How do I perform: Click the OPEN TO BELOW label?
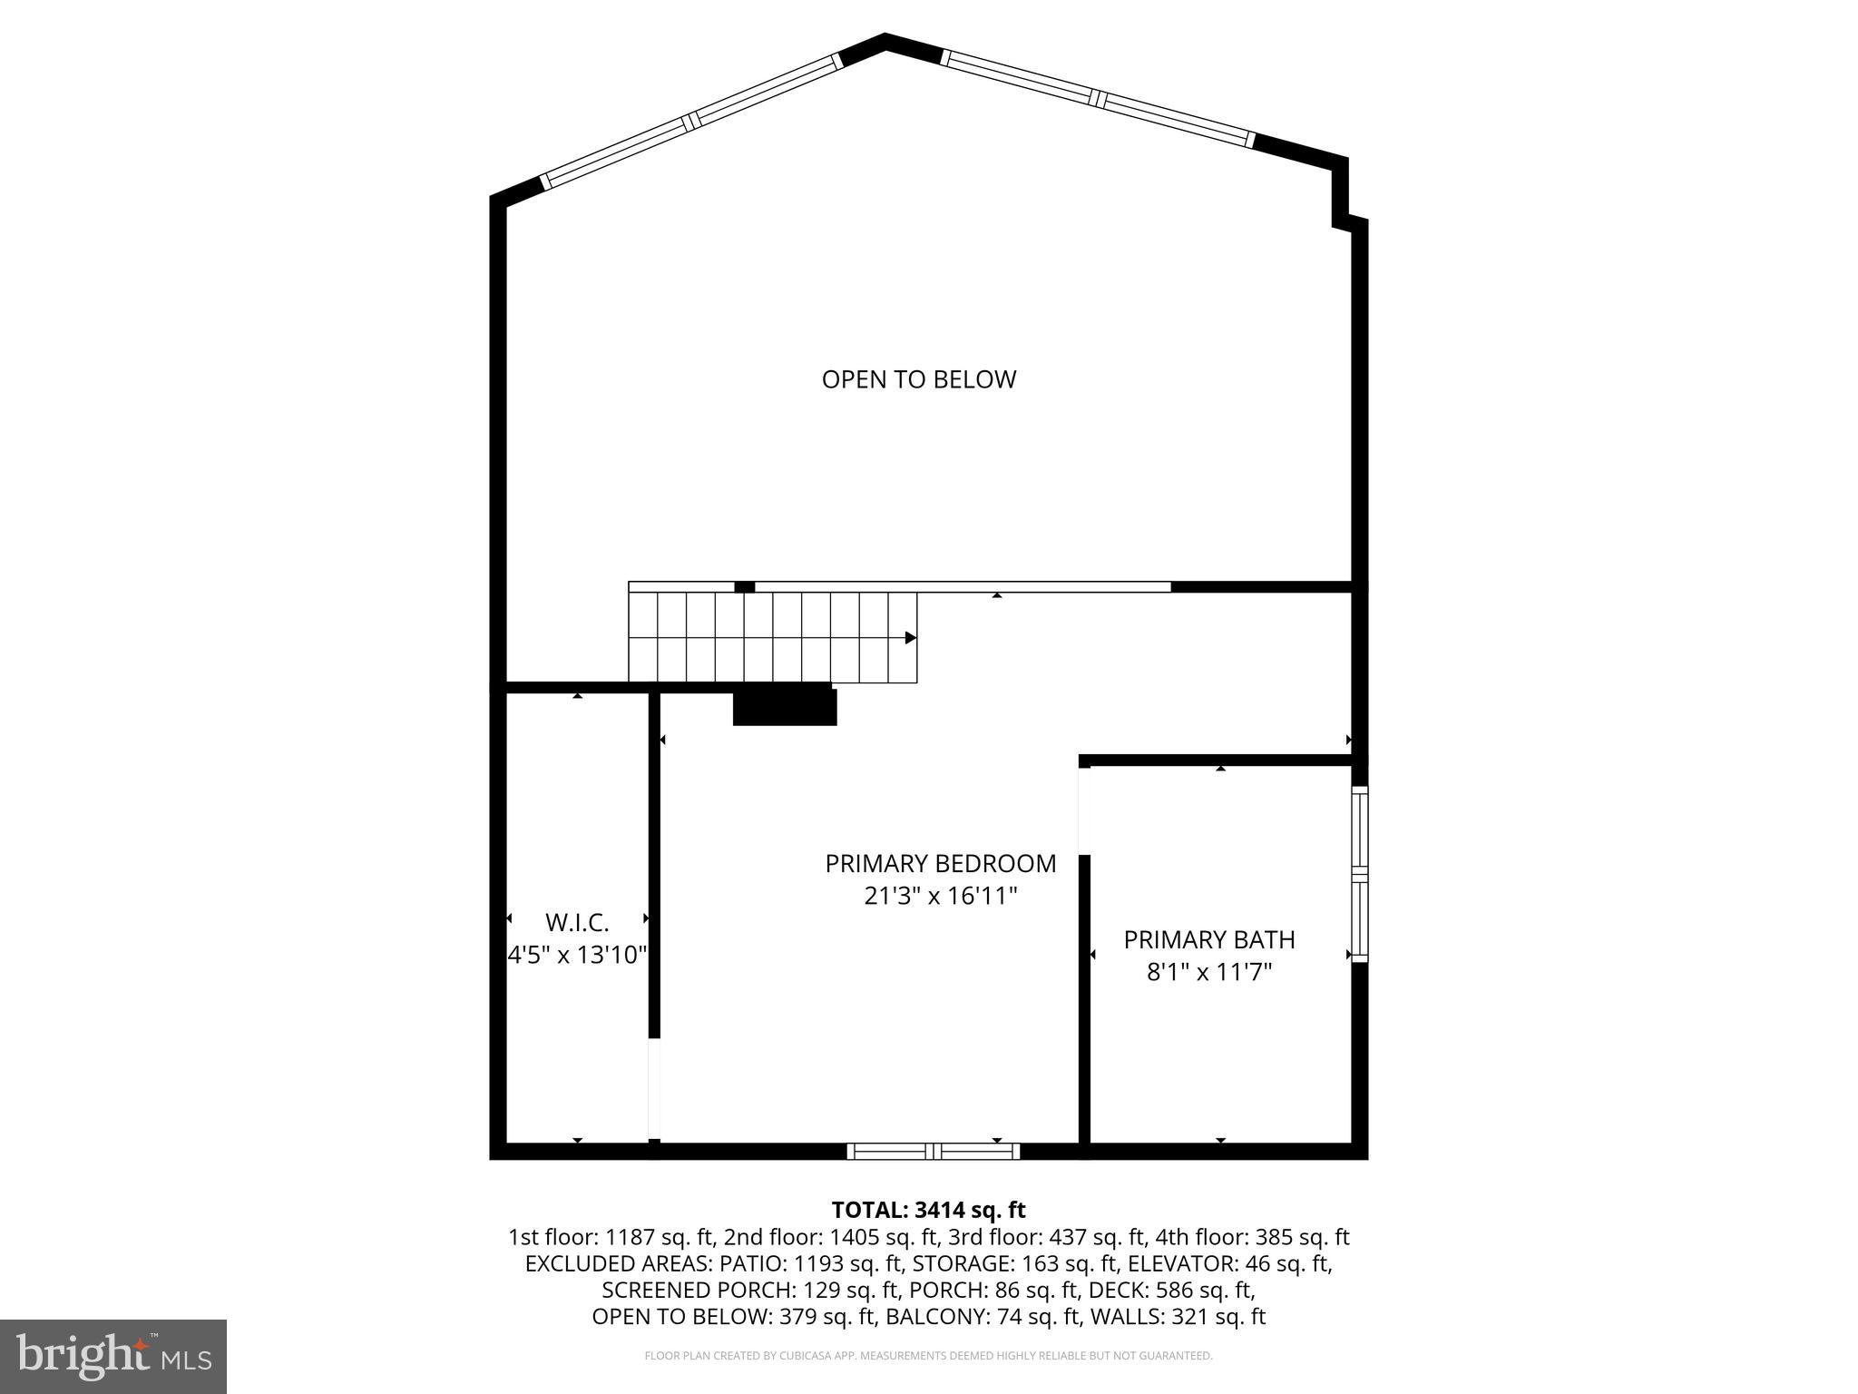click(x=918, y=379)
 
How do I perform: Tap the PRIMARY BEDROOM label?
click(x=940, y=863)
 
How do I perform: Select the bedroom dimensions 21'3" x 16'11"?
click(x=940, y=897)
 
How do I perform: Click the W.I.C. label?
click(x=577, y=922)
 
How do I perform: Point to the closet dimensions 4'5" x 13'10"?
click(x=577, y=955)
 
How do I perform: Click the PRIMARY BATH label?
click(x=1208, y=939)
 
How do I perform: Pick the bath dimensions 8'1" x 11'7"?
click(x=1208, y=972)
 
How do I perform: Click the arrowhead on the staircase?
click(x=910, y=638)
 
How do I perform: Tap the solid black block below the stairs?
click(x=785, y=706)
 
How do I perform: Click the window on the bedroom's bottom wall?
click(x=933, y=1152)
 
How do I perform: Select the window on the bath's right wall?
click(x=1359, y=874)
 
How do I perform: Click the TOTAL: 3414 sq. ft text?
click(x=928, y=1210)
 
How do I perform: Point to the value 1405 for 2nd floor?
click(x=855, y=1237)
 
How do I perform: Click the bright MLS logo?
click(x=113, y=1356)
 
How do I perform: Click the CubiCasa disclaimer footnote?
click(x=928, y=1356)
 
